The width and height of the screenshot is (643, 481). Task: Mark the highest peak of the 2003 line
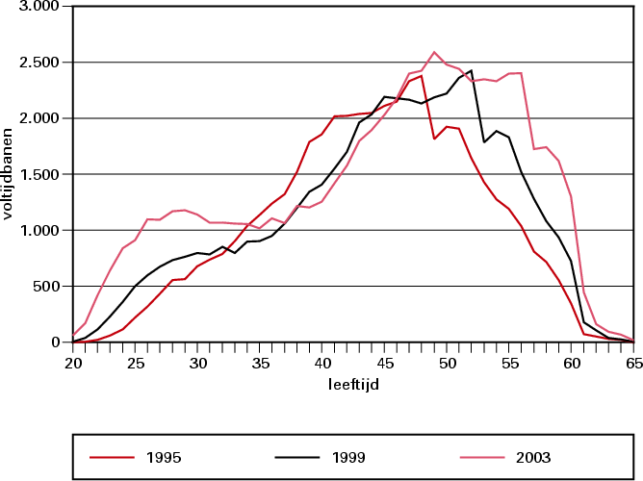coord(434,52)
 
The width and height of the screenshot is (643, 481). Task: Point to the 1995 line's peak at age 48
coord(422,75)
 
